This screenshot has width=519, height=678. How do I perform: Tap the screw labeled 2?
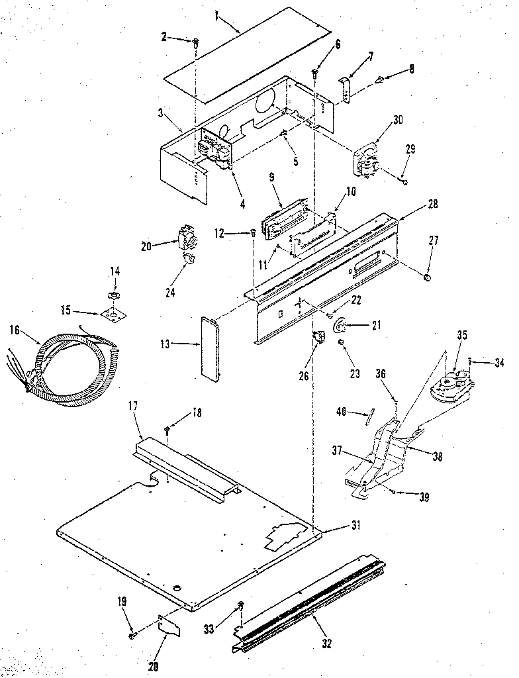(x=196, y=43)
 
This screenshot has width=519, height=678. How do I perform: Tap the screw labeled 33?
(x=241, y=606)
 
